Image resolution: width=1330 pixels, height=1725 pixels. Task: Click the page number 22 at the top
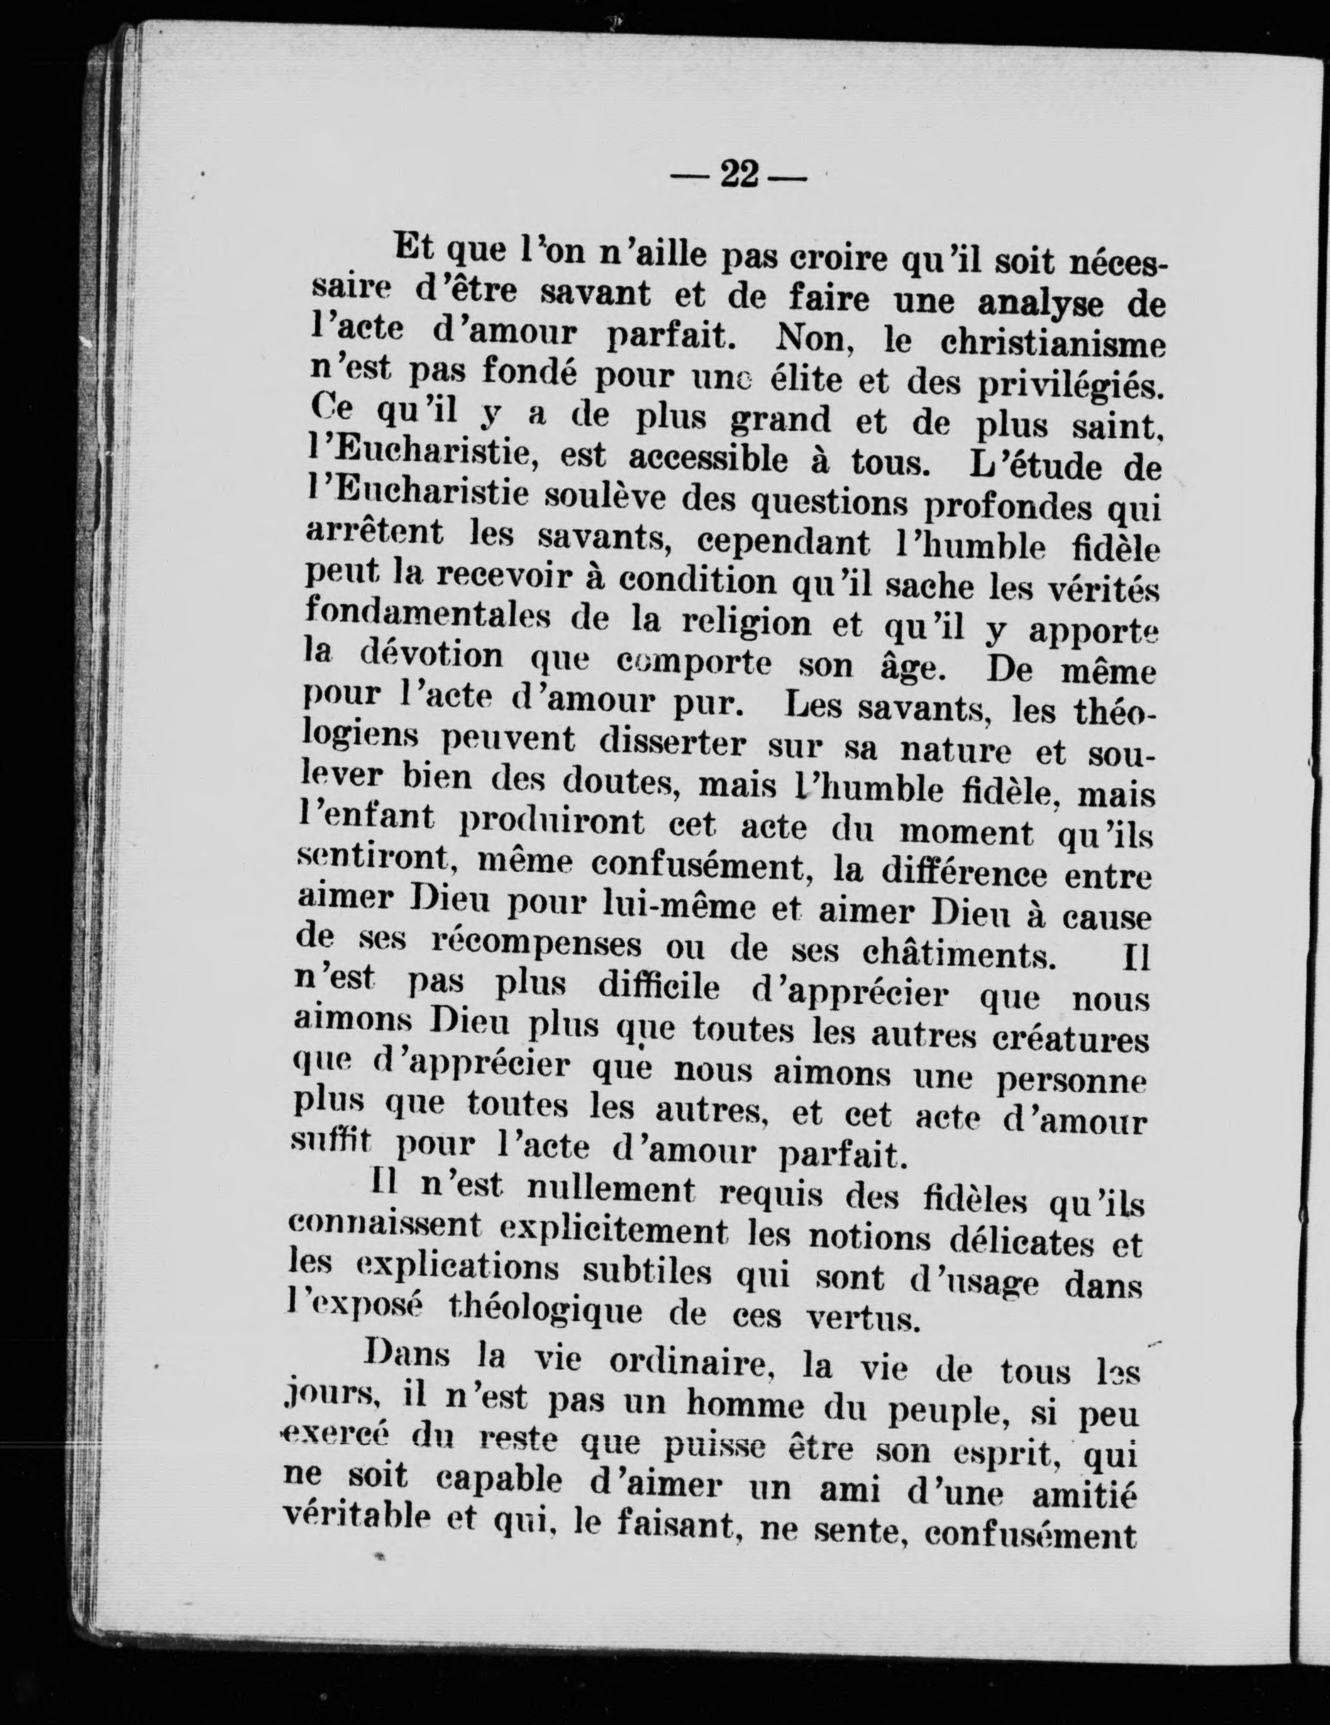point(738,175)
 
